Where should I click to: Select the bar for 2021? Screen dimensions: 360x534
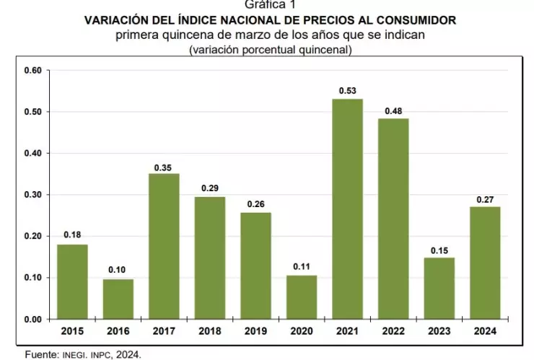[347, 209]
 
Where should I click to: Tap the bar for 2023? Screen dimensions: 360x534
[439, 288]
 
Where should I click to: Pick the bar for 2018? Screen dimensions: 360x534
[210, 258]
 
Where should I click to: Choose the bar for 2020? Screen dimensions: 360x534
[302, 297]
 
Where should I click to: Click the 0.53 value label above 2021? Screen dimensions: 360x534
[348, 91]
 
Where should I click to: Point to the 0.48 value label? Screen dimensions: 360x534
[394, 110]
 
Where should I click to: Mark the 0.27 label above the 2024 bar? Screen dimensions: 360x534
[486, 199]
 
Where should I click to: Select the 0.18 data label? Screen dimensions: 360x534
[72, 235]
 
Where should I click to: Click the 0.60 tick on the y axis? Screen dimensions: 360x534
[33, 70]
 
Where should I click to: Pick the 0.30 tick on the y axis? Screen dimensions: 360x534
[33, 195]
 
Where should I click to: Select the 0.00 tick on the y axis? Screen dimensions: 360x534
[33, 319]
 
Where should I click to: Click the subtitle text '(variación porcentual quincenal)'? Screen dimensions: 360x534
[270, 49]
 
